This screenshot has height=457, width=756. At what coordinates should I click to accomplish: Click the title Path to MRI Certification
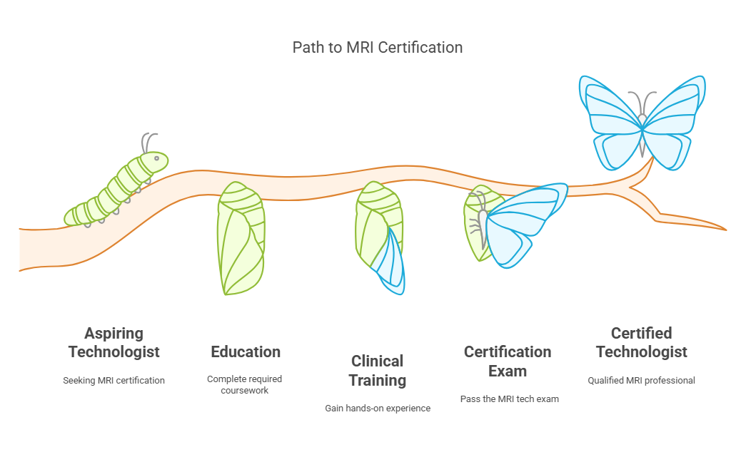click(x=378, y=47)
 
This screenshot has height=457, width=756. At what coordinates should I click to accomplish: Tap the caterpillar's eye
click(x=156, y=158)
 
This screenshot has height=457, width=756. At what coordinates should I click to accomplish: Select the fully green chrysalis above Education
click(x=241, y=238)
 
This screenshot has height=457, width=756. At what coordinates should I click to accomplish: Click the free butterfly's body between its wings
click(x=642, y=135)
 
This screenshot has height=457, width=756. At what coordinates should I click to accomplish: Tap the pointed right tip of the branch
click(x=725, y=230)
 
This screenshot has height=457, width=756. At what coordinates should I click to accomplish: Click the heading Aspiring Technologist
click(x=114, y=342)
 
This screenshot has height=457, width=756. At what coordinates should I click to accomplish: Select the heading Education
click(x=246, y=351)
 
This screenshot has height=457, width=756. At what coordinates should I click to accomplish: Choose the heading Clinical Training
click(x=378, y=371)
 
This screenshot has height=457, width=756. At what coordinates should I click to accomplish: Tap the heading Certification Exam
click(x=508, y=361)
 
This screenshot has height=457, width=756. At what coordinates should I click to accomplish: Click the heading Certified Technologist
click(x=641, y=342)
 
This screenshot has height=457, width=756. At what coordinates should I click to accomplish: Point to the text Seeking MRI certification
click(x=114, y=381)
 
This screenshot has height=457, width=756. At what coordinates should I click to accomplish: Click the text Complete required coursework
click(x=244, y=385)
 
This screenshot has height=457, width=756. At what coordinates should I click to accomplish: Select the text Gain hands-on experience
click(x=378, y=409)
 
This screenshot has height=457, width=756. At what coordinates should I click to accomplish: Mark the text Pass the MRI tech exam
click(x=509, y=399)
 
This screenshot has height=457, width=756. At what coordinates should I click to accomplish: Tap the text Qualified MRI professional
click(x=641, y=381)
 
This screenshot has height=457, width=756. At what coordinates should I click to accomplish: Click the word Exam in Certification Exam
click(x=508, y=371)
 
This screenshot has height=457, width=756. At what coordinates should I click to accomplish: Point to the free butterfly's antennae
click(x=642, y=102)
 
